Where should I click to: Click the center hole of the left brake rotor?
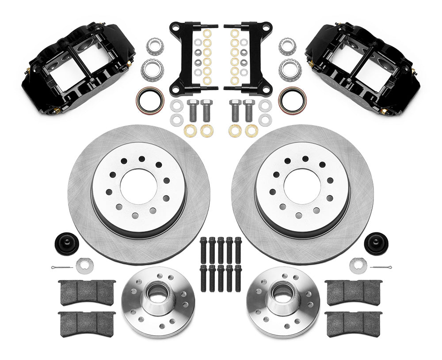(138, 186)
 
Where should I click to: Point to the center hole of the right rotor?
(302, 186)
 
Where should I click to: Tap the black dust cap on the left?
(67, 243)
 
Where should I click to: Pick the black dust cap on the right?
(376, 243)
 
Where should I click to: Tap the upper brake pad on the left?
(87, 292)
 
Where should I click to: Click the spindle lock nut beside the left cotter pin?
(84, 265)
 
